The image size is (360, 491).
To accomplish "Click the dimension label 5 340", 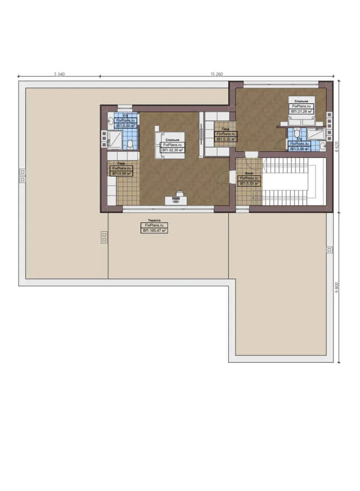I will [x=59, y=74].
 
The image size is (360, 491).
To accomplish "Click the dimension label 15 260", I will [x=216, y=74].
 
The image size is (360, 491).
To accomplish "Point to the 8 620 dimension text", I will [x=337, y=148].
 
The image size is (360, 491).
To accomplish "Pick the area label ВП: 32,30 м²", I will [x=173, y=150].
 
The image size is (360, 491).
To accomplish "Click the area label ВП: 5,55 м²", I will [x=249, y=184].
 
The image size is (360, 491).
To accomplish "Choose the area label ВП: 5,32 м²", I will [x=225, y=140].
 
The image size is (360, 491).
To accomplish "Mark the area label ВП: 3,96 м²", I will [x=300, y=148].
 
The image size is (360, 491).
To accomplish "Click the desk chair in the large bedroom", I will [x=179, y=194].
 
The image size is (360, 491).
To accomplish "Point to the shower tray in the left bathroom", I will [x=115, y=140].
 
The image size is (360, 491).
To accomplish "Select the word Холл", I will [x=249, y=173].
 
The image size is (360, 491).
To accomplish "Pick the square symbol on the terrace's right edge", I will [x=330, y=249].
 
